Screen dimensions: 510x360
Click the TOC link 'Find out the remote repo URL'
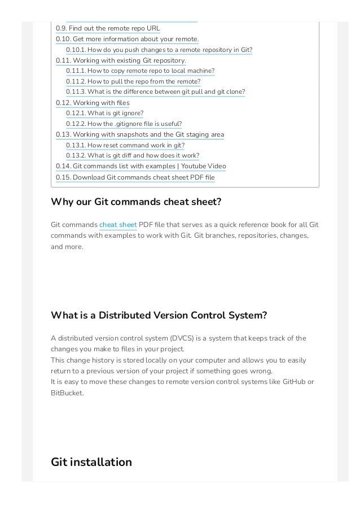tap(108, 28)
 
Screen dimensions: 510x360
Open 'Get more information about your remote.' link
tap(127, 39)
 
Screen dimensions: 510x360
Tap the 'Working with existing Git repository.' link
tap(121, 60)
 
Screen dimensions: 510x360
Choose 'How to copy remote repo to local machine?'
tap(140, 71)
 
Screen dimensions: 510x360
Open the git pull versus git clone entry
tap(155, 92)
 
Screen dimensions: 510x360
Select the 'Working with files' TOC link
tap(93, 103)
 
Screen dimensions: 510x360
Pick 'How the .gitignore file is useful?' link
tap(124, 124)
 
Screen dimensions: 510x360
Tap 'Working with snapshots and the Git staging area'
tap(140, 134)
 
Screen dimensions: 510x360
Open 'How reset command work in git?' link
tap(125, 145)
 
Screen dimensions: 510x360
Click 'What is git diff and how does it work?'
tap(132, 156)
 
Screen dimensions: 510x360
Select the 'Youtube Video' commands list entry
tap(141, 167)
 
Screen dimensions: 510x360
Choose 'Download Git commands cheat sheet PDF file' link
tap(135, 177)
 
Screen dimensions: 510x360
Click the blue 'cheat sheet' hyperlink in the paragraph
tap(118, 225)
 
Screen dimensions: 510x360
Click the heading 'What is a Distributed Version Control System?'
tap(159, 315)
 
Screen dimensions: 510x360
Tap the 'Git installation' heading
tap(91, 463)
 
